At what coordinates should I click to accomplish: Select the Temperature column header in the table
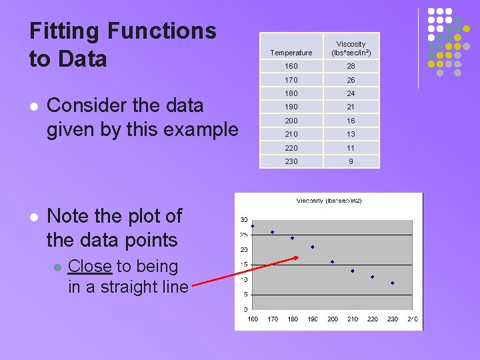(x=291, y=53)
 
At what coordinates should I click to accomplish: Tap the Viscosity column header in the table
(x=351, y=48)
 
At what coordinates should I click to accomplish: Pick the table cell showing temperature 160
(x=291, y=67)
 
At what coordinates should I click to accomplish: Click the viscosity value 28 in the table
(x=351, y=67)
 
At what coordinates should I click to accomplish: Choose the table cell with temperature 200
(x=291, y=121)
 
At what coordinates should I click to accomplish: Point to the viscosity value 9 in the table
(x=351, y=161)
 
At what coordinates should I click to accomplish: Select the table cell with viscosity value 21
(x=351, y=107)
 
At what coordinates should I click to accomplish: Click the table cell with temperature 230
(x=291, y=161)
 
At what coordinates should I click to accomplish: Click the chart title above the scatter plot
(x=329, y=201)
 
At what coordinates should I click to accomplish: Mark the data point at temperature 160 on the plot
(x=253, y=226)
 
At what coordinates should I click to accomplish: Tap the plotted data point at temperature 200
(x=333, y=261)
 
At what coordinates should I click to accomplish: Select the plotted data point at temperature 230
(x=393, y=283)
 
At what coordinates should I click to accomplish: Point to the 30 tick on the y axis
(x=244, y=220)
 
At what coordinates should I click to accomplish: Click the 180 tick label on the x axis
(x=293, y=319)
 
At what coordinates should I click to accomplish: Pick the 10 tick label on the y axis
(x=244, y=280)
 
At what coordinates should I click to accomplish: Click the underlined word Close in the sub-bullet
(x=90, y=266)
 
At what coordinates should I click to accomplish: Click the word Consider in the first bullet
(x=86, y=105)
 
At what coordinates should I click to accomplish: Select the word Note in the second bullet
(x=69, y=216)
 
